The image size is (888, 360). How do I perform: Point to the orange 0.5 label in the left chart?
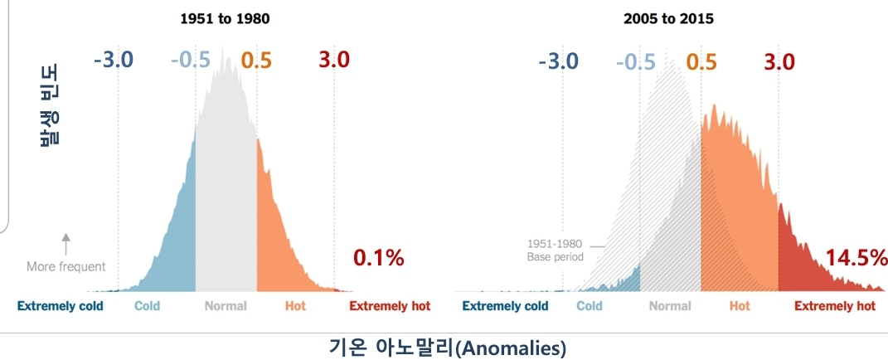coord(256,60)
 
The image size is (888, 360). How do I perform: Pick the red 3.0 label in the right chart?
coord(778,62)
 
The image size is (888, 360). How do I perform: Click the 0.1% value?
coord(379,258)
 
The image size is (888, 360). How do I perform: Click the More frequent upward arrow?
coord(66,244)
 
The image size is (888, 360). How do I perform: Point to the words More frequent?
coord(66,267)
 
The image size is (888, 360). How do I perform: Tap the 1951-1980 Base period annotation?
coord(556,251)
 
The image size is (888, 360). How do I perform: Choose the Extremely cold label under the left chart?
coord(61,306)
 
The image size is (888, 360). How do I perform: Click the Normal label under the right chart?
coord(670,306)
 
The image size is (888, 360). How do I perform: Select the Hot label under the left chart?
coord(295,306)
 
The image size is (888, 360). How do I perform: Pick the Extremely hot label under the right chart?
coord(835,306)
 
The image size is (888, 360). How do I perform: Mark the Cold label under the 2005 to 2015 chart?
coord(590,306)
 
